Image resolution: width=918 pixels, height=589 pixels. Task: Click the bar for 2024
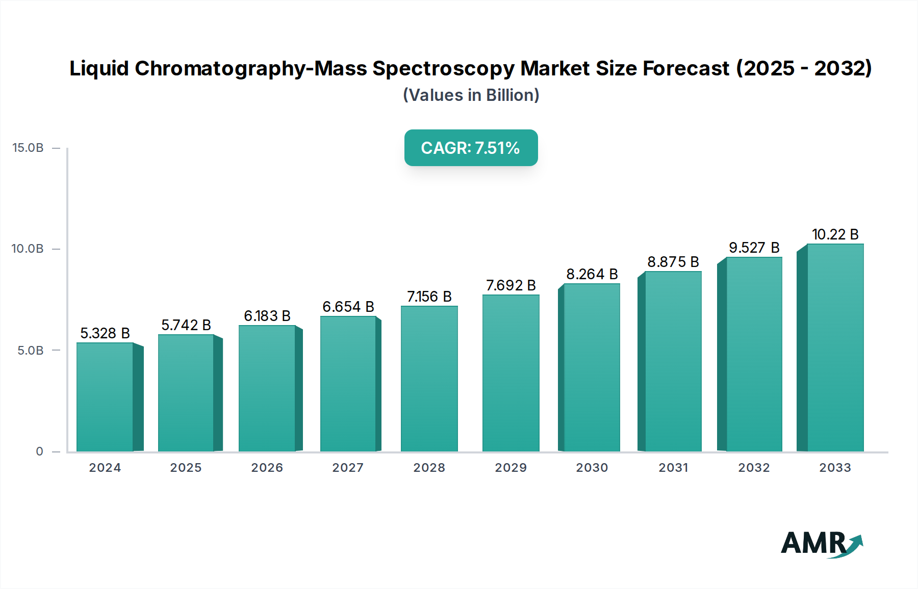tap(105, 397)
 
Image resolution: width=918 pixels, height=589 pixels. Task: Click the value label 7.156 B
tap(429, 297)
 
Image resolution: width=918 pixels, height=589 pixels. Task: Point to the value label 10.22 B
tap(835, 234)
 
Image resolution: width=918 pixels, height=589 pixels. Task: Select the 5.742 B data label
tap(186, 325)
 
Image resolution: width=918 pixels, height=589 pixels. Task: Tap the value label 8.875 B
tap(673, 262)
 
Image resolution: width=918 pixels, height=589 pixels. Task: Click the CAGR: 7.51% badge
tap(471, 148)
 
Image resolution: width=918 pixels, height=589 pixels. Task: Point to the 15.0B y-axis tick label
tap(28, 148)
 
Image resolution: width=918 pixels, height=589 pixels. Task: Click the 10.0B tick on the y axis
tap(28, 249)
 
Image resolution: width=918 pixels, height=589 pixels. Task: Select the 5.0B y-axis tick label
tap(31, 351)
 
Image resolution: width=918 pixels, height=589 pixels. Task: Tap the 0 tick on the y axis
tap(39, 451)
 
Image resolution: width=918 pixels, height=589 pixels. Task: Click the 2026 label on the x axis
tap(267, 468)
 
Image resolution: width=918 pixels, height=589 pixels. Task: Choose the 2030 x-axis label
tap(592, 468)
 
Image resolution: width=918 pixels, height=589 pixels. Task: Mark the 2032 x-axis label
tap(754, 468)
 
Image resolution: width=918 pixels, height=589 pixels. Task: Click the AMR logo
tap(821, 544)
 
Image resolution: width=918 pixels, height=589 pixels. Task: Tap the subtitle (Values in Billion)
tap(471, 95)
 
